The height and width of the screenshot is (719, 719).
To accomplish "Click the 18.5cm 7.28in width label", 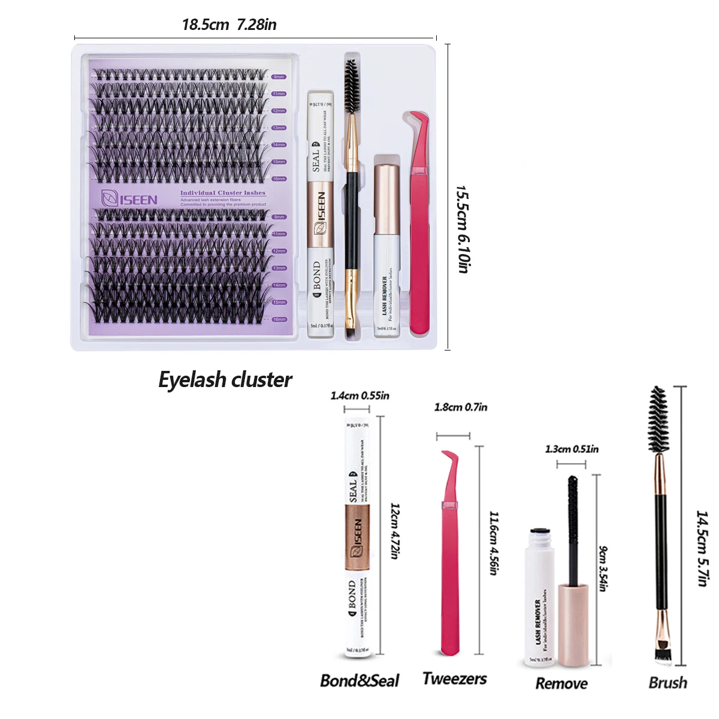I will tap(229, 25).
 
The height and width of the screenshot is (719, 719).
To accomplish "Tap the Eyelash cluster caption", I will tap(225, 380).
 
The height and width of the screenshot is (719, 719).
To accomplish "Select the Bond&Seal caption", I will tap(359, 681).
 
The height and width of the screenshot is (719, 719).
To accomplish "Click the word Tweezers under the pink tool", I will tap(454, 679).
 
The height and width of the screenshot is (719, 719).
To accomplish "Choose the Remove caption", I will tap(561, 684).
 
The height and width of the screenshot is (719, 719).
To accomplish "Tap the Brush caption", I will tap(667, 683).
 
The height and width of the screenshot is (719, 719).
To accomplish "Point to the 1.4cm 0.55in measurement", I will tap(359, 395).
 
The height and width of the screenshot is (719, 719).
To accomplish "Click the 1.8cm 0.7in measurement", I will tap(460, 407).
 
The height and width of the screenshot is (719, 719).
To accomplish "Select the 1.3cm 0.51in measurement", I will tap(571, 449).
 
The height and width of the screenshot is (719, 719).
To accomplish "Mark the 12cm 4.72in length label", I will tap(394, 531).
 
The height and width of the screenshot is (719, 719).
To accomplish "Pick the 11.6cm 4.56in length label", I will tap(494, 543).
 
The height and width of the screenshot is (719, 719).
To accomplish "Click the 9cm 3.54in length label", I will tap(603, 569).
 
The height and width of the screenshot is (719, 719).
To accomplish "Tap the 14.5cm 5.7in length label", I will tap(702, 548).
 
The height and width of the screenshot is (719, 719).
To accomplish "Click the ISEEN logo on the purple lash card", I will tap(129, 199).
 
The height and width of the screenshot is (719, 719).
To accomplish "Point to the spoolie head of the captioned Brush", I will tap(658, 419).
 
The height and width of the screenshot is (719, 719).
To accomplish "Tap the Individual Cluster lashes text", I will tap(223, 193).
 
